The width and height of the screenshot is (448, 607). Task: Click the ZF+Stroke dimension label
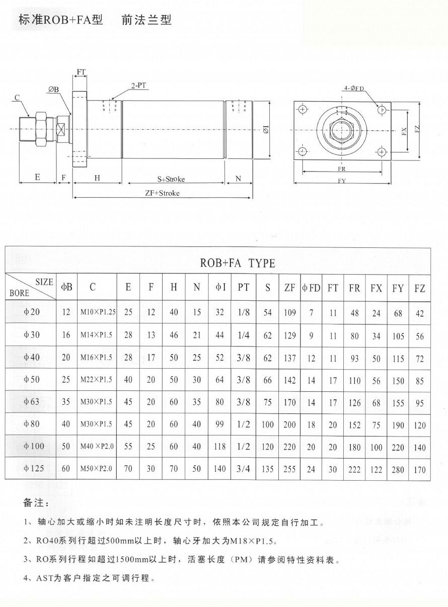click(163, 193)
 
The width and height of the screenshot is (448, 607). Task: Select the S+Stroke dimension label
click(171, 179)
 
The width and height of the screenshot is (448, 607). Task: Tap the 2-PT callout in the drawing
click(139, 86)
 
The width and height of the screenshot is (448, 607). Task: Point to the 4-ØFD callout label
click(354, 89)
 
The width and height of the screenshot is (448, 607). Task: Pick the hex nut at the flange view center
click(342, 130)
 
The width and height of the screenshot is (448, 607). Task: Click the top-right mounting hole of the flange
click(382, 110)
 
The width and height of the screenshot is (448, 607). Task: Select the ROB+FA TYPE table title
click(238, 263)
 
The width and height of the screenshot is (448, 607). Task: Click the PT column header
click(244, 288)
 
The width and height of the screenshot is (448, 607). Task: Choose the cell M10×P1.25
click(98, 312)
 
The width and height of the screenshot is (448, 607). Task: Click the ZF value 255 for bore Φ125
click(289, 469)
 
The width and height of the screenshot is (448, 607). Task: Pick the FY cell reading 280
click(398, 470)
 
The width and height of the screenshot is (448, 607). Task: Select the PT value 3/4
click(244, 469)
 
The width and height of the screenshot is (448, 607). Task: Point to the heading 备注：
click(36, 503)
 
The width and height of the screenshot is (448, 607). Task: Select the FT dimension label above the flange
click(81, 72)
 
